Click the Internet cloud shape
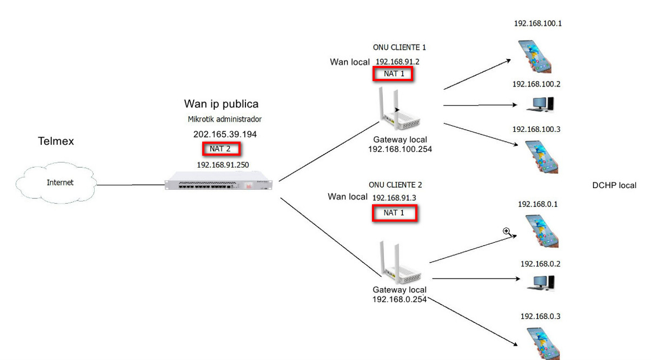tap(56, 183)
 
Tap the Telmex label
tap(56, 142)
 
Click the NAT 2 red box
tap(221, 148)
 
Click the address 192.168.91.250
tap(223, 165)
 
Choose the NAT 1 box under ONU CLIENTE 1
tap(394, 74)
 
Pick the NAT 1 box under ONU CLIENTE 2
tap(394, 213)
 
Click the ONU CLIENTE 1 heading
tap(396, 48)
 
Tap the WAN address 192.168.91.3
tap(394, 198)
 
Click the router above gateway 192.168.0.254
tap(400, 265)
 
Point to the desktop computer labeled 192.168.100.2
tap(540, 104)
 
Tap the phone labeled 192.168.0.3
tap(542, 343)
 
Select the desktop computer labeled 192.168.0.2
tap(540, 282)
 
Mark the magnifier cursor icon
tap(507, 231)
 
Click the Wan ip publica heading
tap(221, 104)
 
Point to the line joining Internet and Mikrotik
tap(130, 185)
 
